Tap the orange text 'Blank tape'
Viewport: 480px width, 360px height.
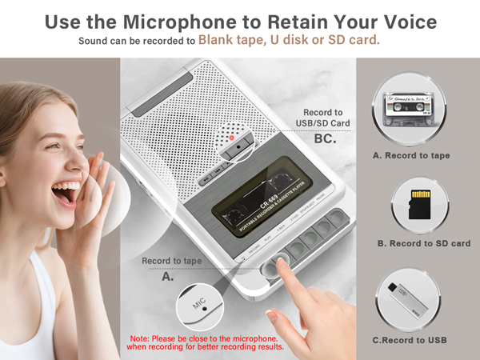pyautogui.click(x=230, y=38)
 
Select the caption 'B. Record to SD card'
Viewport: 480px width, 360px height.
pyautogui.click(x=423, y=243)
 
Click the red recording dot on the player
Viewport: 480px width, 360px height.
pyautogui.click(x=232, y=136)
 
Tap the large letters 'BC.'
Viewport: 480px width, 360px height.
pyautogui.click(x=324, y=139)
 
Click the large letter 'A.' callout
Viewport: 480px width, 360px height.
pyautogui.click(x=168, y=276)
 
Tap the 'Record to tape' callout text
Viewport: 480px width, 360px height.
pyautogui.click(x=171, y=261)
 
